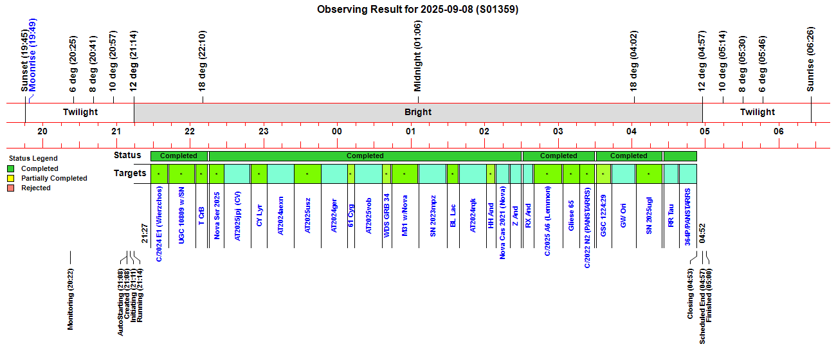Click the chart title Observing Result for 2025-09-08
[x=418, y=10]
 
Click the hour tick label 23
[x=263, y=131]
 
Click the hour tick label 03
[x=558, y=131]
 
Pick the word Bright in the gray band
[x=418, y=113]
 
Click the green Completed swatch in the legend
[x=11, y=169]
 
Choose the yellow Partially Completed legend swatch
[x=11, y=179]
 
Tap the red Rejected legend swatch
[x=11, y=188]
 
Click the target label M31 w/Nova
[x=404, y=218]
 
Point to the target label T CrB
[x=201, y=215]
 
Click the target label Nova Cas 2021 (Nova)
[x=503, y=226]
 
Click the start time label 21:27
[x=145, y=234]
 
